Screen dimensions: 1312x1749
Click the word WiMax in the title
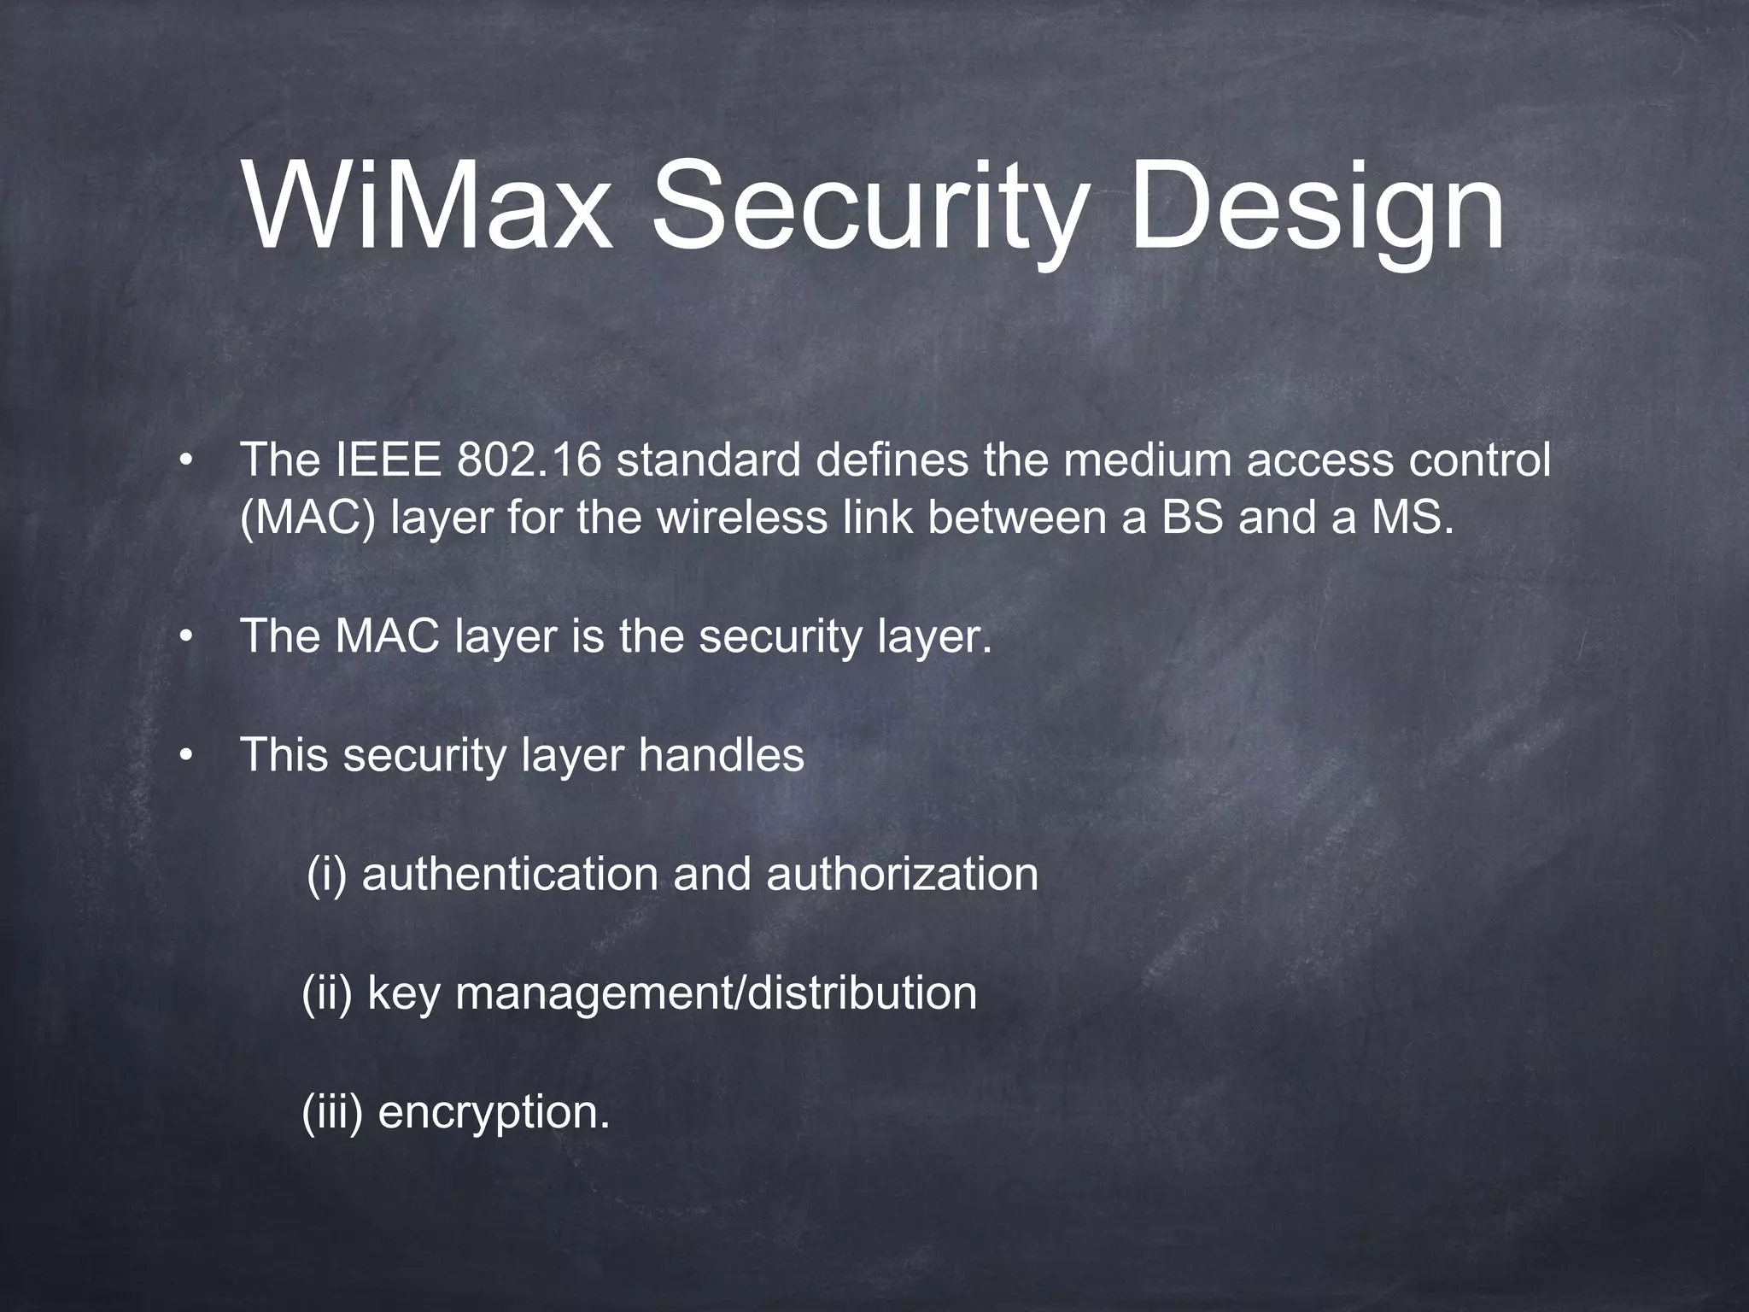coord(427,207)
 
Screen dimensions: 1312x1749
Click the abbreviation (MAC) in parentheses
coord(307,518)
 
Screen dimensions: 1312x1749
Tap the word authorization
coord(902,875)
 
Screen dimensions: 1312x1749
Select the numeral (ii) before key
coord(327,993)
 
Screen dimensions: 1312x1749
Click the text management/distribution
coord(716,993)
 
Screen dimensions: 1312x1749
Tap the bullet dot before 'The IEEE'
coord(185,462)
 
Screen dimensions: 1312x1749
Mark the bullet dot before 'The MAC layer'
coord(185,637)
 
